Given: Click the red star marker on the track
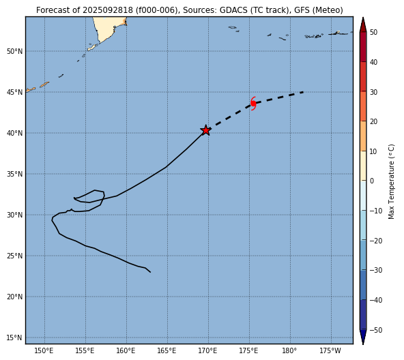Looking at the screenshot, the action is click(206, 130).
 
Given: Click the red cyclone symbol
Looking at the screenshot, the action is click(253, 104).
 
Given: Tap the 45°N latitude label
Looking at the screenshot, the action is click(15, 92).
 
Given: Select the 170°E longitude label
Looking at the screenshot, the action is click(208, 350).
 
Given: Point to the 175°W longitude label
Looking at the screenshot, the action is click(330, 350).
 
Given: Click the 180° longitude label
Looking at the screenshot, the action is click(289, 350).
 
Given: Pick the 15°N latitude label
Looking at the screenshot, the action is click(15, 337).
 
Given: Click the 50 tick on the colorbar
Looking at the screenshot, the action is click(373, 32).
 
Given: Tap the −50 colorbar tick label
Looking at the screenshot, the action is click(375, 330).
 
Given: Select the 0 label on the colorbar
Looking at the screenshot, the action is click(372, 181).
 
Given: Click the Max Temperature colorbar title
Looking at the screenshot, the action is click(391, 181).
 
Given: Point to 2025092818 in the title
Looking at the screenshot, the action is click(108, 10).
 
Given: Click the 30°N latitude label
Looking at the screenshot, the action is click(15, 215).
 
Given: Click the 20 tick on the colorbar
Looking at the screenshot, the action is click(373, 121).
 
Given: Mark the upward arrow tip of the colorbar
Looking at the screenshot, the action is click(363, 18).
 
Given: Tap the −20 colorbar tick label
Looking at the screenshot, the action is click(375, 241).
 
